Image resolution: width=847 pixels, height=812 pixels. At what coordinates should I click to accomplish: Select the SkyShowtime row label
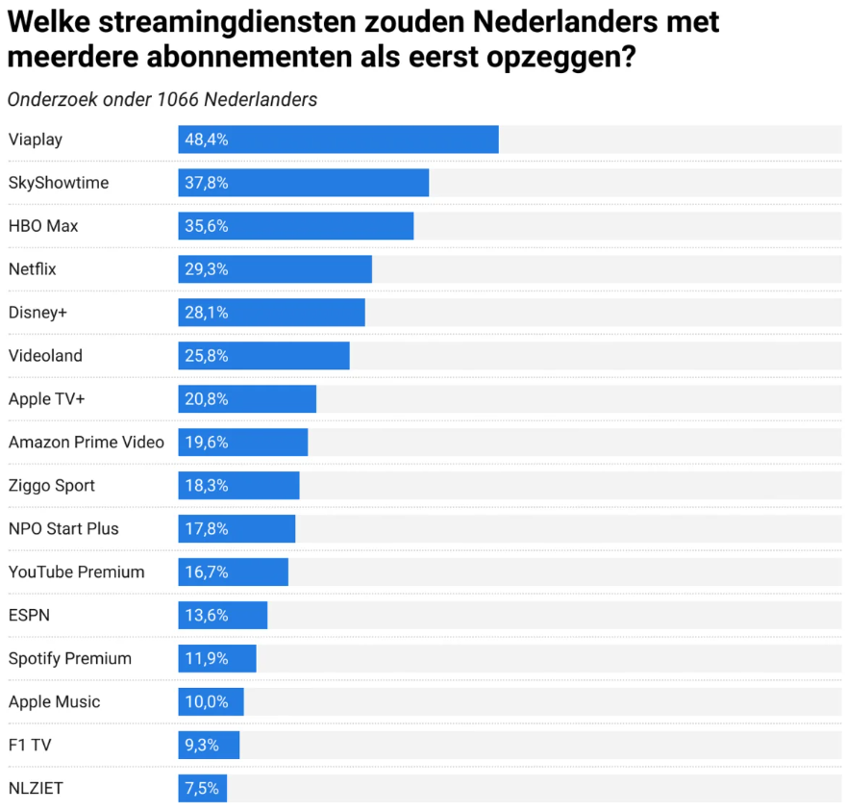pos(58,183)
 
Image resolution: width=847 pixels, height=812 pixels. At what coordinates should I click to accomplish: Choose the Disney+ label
pos(37,313)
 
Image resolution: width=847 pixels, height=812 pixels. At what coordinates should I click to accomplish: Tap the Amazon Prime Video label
pos(86,443)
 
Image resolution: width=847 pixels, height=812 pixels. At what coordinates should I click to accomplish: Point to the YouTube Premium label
pos(76,572)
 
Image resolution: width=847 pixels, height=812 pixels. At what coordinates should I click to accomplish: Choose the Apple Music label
pos(54,702)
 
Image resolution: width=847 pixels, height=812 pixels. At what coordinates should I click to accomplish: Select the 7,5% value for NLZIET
pos(202,789)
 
